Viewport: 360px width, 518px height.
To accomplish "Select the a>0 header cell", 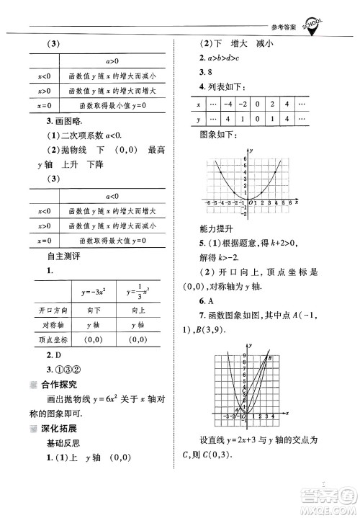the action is pos(112,63).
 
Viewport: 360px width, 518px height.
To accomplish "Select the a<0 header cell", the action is pos(112,196).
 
